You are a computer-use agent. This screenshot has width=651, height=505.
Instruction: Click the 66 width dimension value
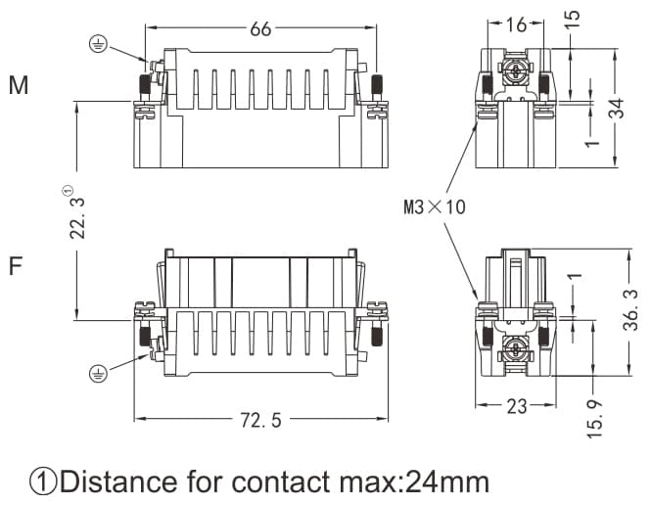click(260, 29)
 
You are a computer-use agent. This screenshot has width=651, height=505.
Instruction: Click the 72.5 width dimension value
click(261, 421)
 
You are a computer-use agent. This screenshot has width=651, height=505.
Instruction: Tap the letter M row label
click(18, 86)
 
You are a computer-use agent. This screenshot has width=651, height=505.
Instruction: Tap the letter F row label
click(16, 265)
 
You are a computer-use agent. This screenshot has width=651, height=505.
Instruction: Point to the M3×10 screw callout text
click(434, 207)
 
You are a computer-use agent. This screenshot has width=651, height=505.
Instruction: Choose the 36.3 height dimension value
click(631, 309)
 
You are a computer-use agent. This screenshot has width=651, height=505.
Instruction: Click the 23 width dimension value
click(517, 406)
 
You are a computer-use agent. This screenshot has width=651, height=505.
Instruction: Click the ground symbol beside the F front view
click(97, 372)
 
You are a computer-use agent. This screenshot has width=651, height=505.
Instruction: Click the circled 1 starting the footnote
click(43, 482)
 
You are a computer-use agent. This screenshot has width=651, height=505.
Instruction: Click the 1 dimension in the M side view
click(591, 142)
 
